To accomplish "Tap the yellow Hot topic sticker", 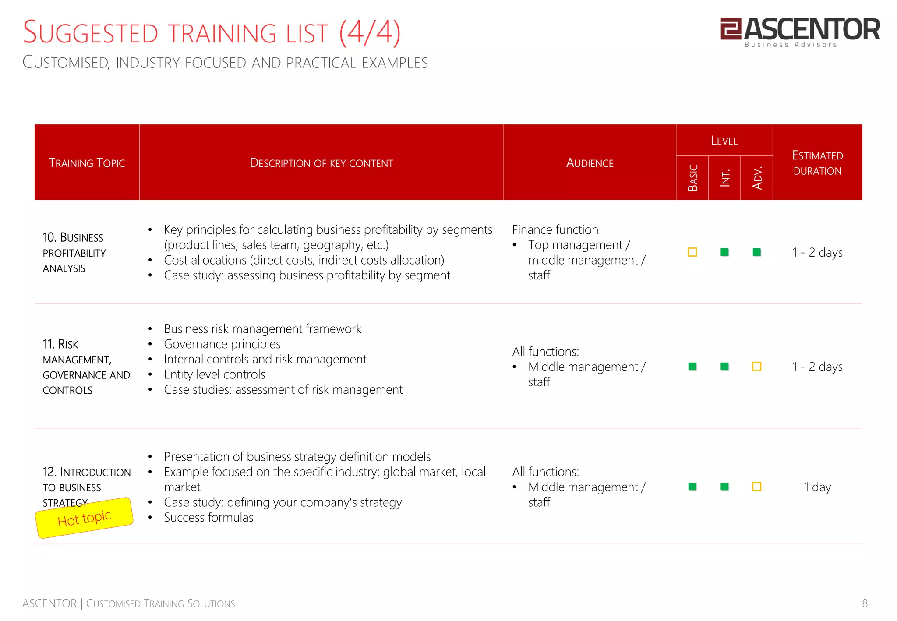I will click(x=84, y=518).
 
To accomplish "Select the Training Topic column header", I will click(x=87, y=163).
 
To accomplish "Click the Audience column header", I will click(x=590, y=163).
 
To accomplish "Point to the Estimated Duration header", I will click(x=817, y=163).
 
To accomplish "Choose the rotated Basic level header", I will click(x=692, y=178).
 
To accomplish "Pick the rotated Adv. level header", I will click(x=757, y=178).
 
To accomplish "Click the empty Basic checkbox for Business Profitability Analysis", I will click(x=692, y=252).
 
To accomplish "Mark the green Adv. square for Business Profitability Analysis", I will click(x=757, y=252).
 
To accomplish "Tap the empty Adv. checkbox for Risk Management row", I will click(x=757, y=367).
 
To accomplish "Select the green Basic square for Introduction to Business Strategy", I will click(x=692, y=487).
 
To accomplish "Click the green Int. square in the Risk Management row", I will click(x=725, y=367).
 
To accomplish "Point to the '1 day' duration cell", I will click(x=817, y=487).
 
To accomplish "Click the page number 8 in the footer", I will click(x=865, y=603).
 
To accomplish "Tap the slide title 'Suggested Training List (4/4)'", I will click(x=212, y=33).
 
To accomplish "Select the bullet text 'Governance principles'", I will click(x=222, y=344).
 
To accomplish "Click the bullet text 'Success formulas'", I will click(x=208, y=518).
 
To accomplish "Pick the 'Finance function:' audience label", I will click(x=557, y=230).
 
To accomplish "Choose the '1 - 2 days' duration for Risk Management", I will click(x=817, y=367).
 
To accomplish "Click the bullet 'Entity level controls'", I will click(x=215, y=374).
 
